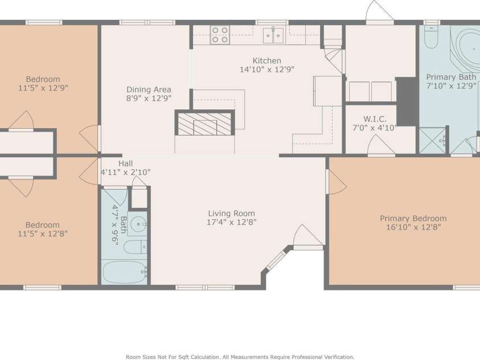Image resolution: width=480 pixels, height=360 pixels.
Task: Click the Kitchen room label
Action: tap(266, 61)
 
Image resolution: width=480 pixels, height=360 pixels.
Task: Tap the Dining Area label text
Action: tap(149, 89)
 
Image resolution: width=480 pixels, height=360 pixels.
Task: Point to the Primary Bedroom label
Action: tap(413, 218)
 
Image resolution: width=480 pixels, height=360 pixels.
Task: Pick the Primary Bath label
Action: tap(452, 77)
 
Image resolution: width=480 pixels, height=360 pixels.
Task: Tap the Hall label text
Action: tap(125, 163)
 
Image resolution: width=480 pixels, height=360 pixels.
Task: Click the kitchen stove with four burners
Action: tap(220, 35)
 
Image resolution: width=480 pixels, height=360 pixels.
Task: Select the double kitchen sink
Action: tap(274, 36)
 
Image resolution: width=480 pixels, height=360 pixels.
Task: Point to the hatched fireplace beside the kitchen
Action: tap(204, 124)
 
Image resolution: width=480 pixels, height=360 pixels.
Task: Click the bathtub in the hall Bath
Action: tap(124, 272)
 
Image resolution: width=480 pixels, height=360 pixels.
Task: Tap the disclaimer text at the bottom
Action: tap(240, 357)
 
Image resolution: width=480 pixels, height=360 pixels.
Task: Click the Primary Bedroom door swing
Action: tap(336, 182)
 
